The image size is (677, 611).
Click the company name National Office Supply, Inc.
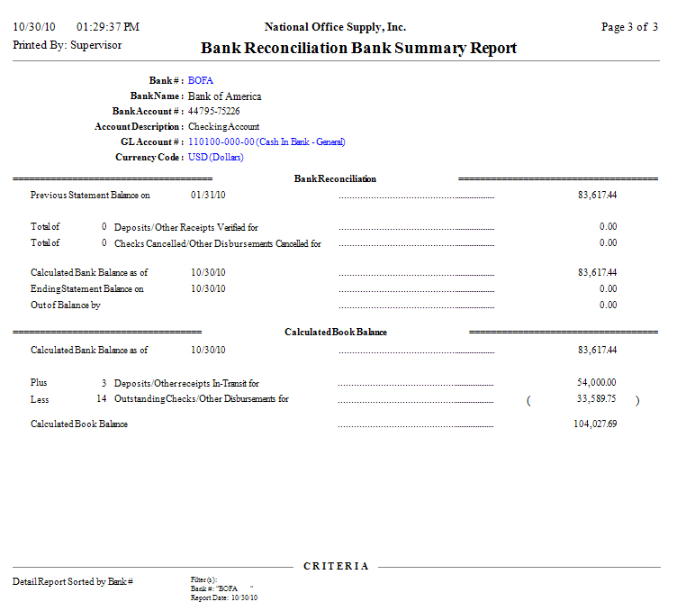335,27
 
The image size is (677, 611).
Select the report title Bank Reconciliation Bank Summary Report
358,48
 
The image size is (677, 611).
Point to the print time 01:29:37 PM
108,27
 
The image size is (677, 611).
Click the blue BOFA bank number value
201,80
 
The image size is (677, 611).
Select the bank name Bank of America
225,96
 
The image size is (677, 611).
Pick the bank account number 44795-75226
213,111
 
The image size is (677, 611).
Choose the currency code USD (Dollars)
215,157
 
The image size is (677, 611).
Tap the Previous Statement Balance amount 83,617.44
597,195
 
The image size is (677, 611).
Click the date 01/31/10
208,195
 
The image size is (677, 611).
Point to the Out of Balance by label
65,305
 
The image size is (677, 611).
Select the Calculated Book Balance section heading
336,332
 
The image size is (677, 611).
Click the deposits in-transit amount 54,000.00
597,383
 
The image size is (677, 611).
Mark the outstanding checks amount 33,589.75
597,398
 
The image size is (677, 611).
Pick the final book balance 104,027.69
595,424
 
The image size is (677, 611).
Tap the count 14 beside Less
102,398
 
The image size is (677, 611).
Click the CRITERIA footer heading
336,566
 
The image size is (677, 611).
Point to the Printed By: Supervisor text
68,44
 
